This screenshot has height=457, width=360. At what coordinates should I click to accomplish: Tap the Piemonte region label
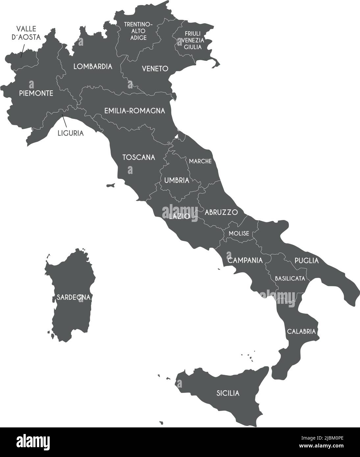(x=36, y=93)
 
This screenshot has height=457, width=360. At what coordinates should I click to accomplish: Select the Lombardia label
(x=93, y=66)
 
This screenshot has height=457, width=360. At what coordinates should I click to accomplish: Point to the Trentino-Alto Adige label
(x=138, y=31)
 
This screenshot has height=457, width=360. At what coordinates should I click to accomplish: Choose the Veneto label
(x=155, y=69)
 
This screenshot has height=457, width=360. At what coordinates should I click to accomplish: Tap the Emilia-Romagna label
(x=135, y=111)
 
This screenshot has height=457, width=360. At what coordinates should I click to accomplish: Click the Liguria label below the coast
(x=70, y=133)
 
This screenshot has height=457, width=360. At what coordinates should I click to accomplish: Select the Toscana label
(x=139, y=157)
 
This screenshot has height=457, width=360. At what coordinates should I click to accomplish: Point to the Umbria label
(x=177, y=180)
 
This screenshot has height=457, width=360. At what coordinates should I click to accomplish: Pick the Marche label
(x=200, y=161)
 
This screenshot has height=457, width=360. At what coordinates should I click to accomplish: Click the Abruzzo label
(x=221, y=212)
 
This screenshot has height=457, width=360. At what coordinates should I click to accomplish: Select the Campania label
(x=245, y=261)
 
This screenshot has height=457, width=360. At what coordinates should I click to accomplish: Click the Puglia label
(x=307, y=261)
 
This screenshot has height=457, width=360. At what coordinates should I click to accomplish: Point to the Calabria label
(x=301, y=331)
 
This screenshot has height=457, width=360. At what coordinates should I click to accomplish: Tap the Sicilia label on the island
(x=228, y=393)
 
